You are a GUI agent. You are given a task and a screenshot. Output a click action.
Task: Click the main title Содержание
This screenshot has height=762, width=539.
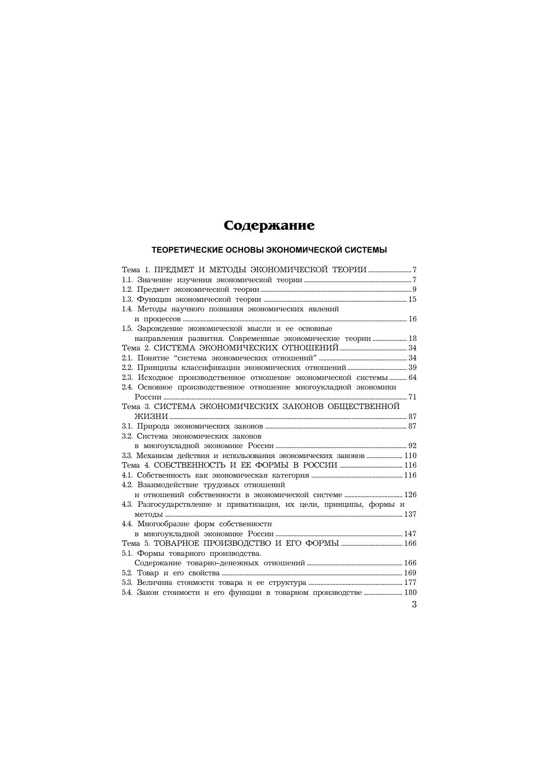point(269,226)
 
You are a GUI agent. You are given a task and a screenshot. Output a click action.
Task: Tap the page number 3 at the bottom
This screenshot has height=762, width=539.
point(414,604)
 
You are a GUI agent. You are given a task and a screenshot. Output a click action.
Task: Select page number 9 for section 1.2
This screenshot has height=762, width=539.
point(414,290)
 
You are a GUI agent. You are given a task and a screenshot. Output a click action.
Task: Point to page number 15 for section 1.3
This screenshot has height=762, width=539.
point(412,300)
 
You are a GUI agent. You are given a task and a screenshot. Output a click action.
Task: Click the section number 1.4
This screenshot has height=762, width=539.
point(127,309)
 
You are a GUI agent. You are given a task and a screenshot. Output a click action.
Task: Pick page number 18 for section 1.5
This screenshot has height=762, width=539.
point(412,339)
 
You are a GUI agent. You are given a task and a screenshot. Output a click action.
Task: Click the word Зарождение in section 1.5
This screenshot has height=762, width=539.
point(159,329)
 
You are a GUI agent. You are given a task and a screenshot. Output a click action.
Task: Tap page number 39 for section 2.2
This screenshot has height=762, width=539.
point(412,368)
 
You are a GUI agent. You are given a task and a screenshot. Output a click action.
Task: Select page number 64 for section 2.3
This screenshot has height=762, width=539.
point(412,377)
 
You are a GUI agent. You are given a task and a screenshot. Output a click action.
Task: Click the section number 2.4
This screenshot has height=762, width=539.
point(127,387)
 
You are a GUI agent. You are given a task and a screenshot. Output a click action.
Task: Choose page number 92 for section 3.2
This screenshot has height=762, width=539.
point(412,446)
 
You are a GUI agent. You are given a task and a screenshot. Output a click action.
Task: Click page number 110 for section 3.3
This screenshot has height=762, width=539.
point(410,456)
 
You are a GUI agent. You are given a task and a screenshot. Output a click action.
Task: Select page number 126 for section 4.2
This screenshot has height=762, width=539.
point(410,495)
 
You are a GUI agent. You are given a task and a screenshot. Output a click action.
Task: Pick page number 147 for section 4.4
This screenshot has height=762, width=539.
point(410,534)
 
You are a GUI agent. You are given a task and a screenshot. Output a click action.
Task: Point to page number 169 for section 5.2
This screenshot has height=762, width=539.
point(410,573)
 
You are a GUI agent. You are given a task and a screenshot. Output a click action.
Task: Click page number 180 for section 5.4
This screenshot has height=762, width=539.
point(410,593)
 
